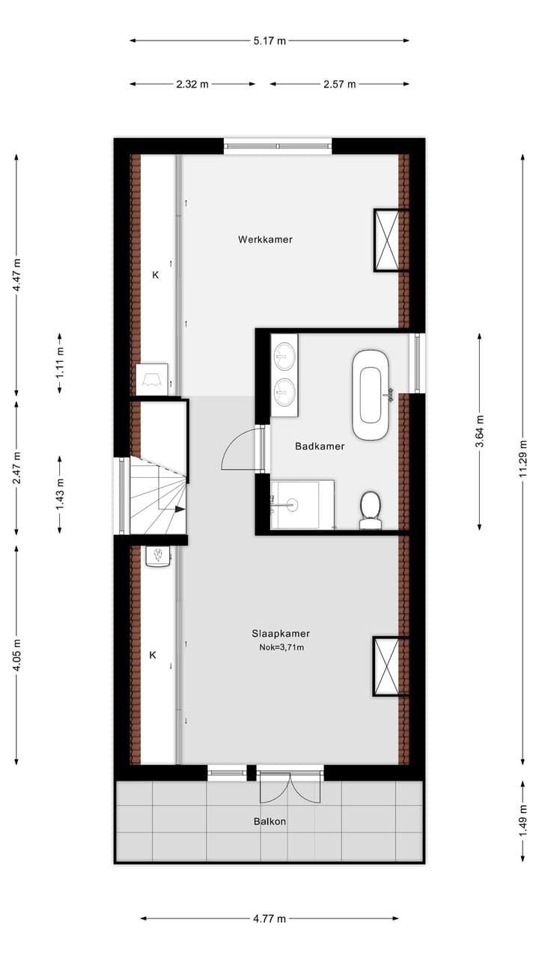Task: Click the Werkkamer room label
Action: [265, 240]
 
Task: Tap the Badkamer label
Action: [320, 447]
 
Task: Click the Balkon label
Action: [269, 821]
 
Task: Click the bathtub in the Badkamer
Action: [371, 394]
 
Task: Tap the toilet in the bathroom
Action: [371, 508]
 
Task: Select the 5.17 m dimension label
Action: [269, 40]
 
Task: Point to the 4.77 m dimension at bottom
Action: [269, 919]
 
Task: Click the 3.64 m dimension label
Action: [480, 432]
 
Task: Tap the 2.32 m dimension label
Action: [192, 84]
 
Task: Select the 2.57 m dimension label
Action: [339, 84]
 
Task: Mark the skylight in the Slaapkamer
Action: [390, 666]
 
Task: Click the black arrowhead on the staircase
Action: [180, 509]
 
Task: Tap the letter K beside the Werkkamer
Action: [156, 275]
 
